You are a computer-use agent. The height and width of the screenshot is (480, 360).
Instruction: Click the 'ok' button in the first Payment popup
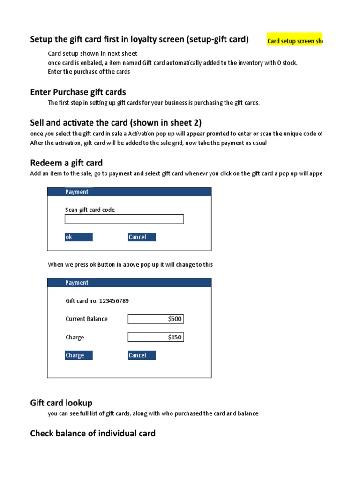[79, 237]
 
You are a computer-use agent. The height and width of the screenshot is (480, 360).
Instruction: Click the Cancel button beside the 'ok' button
[142, 237]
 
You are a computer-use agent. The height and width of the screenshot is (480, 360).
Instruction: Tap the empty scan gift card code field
[124, 219]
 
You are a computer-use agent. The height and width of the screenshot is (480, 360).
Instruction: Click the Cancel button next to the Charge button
[142, 355]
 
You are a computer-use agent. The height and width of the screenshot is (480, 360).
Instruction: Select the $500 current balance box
[156, 319]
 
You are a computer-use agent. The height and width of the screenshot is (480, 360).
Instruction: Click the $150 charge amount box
[156, 337]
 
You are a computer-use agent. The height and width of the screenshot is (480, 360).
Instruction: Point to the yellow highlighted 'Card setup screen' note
[295, 41]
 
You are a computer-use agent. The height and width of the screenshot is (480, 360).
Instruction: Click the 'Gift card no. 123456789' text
[97, 301]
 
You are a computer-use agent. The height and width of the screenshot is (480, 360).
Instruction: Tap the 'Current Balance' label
[87, 319]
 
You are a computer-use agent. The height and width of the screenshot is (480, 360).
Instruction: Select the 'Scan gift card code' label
[90, 210]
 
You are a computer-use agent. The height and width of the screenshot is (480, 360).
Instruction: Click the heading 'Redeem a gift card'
[67, 163]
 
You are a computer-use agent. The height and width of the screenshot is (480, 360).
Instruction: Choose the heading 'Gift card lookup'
[61, 403]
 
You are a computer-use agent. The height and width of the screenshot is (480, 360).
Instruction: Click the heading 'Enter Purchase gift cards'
[78, 92]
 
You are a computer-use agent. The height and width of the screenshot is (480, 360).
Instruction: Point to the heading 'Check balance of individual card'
[93, 433]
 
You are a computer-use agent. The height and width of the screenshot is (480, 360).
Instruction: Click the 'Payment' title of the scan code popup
[77, 192]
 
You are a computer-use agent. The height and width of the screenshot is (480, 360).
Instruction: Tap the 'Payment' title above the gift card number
[77, 283]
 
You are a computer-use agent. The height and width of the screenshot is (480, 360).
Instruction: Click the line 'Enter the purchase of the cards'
[89, 72]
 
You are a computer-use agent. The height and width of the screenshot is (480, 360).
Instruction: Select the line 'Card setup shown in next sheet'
[93, 53]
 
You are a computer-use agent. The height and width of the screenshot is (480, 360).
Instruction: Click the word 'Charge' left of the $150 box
[75, 337]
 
